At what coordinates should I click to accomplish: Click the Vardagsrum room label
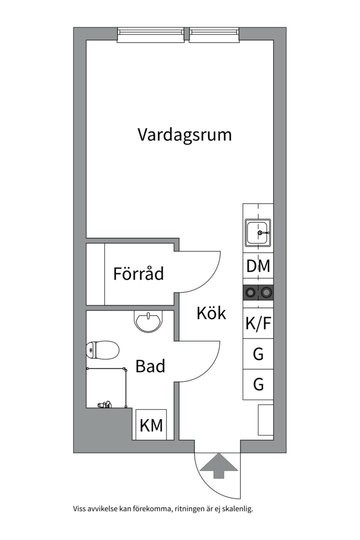[184, 135]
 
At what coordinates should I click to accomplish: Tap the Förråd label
[138, 274]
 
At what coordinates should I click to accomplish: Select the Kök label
[211, 313]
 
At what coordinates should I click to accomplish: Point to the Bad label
[150, 366]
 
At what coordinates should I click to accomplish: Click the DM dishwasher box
[258, 266]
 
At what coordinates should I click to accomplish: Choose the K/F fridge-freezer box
[258, 324]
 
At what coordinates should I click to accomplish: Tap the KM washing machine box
[151, 425]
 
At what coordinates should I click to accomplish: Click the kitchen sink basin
[258, 232]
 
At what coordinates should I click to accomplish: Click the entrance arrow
[218, 466]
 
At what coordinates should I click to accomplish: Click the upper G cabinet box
[258, 354]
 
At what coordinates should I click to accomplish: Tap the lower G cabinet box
[258, 384]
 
